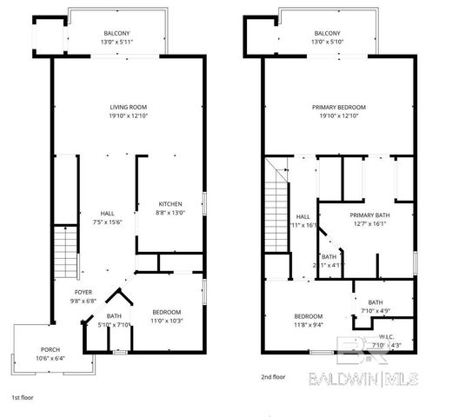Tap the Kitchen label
[x=170, y=204]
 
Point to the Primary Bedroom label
[x=338, y=107]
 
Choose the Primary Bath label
[x=367, y=215]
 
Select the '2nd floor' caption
[x=272, y=376]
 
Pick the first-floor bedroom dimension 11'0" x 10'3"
[x=167, y=321]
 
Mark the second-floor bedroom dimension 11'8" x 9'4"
[x=309, y=325]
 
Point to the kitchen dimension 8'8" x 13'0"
[x=170, y=213]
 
